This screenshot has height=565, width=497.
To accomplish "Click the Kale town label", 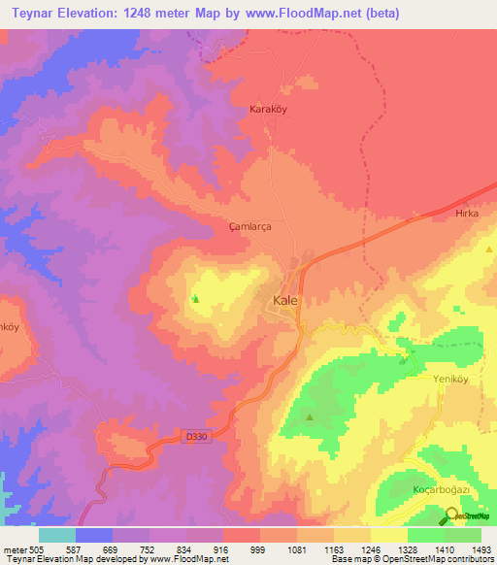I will (x=285, y=301).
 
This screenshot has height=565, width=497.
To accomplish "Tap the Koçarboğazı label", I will (x=442, y=490).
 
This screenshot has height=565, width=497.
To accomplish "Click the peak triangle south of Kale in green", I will (x=310, y=418).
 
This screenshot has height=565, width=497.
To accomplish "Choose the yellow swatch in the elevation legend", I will (x=388, y=535).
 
